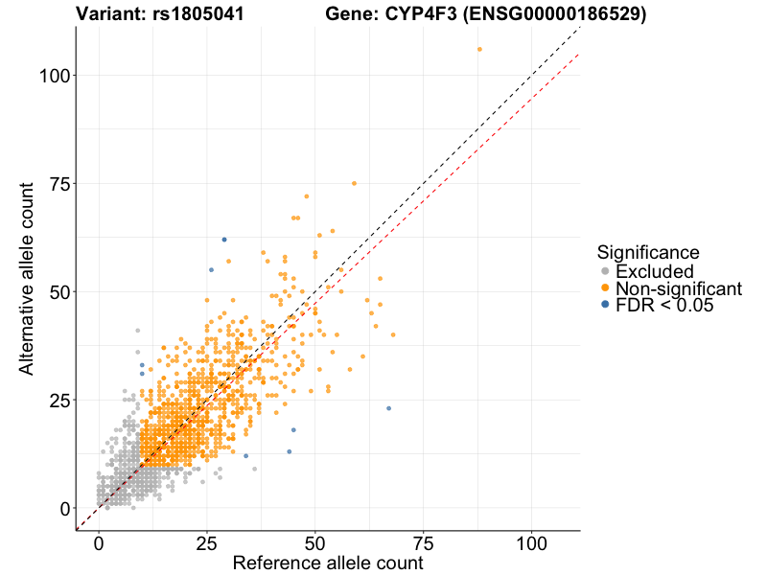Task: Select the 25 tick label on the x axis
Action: pyautogui.click(x=206, y=542)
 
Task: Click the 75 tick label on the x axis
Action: pyautogui.click(x=423, y=542)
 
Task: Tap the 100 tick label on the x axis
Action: pyautogui.click(x=532, y=542)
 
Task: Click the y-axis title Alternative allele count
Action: pyautogui.click(x=29, y=279)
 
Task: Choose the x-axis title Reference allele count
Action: pyautogui.click(x=327, y=563)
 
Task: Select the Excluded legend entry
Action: pyautogui.click(x=654, y=271)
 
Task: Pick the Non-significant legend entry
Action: pyautogui.click(x=678, y=288)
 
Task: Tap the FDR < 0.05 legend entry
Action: pyautogui.click(x=664, y=306)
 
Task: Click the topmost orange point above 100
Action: pyautogui.click(x=479, y=49)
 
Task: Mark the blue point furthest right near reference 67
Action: pyautogui.click(x=388, y=408)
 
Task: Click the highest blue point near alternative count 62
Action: pyautogui.click(x=224, y=240)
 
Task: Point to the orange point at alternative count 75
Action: pyautogui.click(x=354, y=183)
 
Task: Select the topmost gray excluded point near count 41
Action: pyautogui.click(x=137, y=331)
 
